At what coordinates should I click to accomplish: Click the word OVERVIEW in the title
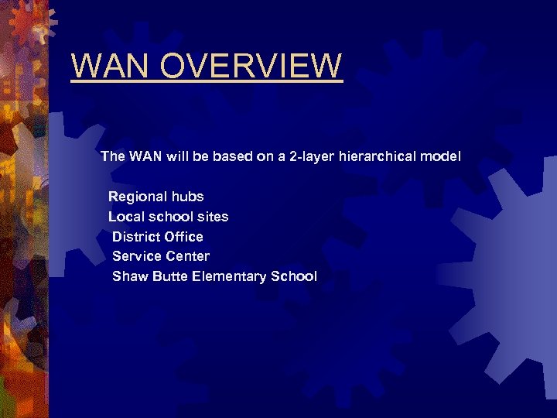(256, 66)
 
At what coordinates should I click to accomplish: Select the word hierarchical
(378, 156)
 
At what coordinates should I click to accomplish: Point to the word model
(441, 156)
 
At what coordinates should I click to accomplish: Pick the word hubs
(188, 197)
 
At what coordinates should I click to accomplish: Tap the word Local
(124, 217)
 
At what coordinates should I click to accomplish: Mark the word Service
(137, 256)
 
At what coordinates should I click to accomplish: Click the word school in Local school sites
(169, 217)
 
